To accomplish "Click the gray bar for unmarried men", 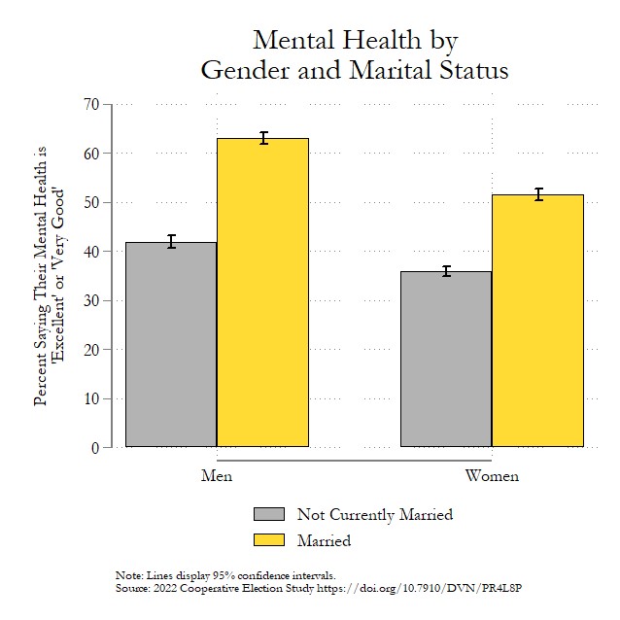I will [x=171, y=345].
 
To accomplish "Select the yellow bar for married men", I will [x=262, y=293].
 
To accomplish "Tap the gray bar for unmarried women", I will [x=446, y=360].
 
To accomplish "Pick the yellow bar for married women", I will [x=537, y=321].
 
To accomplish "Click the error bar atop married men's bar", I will [x=262, y=138].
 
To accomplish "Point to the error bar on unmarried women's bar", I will [x=446, y=271].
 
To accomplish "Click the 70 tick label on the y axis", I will [x=91, y=104].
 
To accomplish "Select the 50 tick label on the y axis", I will [x=91, y=202].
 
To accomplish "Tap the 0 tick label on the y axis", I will [x=95, y=448].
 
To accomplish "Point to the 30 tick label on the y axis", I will [x=91, y=300].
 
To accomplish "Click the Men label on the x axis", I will [x=217, y=476].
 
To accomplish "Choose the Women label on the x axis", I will [x=492, y=476].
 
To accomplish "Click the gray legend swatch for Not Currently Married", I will [x=269, y=514].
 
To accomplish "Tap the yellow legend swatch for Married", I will [x=269, y=539].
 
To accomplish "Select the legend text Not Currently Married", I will [x=374, y=515].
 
